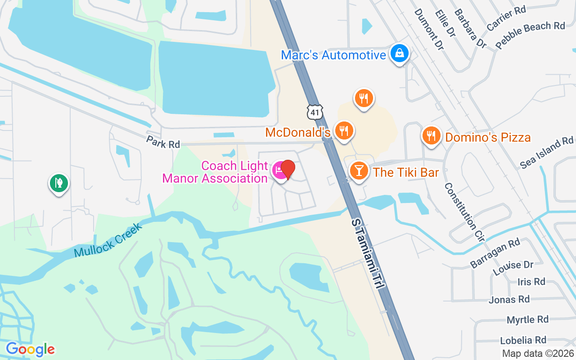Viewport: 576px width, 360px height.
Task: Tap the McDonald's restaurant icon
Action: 344,131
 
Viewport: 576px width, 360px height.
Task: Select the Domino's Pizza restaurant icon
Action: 431,135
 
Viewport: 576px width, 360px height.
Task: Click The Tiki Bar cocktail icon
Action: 359,171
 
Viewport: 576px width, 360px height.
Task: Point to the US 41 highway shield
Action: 315,112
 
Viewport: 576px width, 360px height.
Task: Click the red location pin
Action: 288,170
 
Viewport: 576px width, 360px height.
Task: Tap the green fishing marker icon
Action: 58,183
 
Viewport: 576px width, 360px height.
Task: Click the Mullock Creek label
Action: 108,240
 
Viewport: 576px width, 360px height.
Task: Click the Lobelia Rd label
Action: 523,340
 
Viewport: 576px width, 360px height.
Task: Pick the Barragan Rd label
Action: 495,253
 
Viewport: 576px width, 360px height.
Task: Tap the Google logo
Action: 30,349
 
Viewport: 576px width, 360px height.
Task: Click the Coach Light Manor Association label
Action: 215,172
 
